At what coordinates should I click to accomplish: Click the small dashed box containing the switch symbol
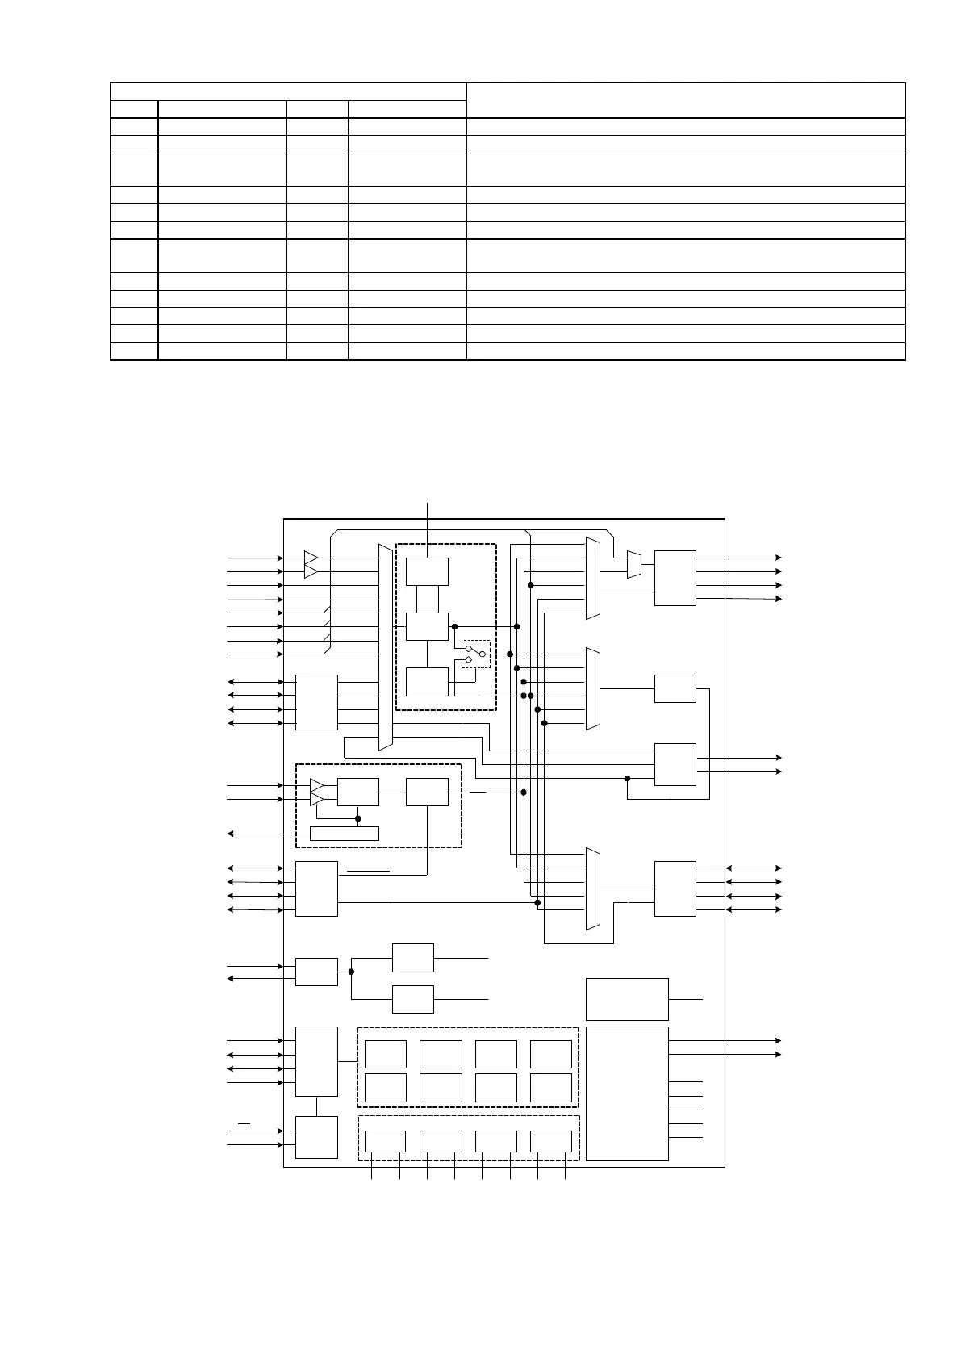[x=475, y=654]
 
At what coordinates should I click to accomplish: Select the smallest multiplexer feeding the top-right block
[x=634, y=564]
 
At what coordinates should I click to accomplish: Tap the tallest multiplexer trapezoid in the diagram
[x=385, y=646]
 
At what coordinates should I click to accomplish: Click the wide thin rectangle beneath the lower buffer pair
[x=344, y=834]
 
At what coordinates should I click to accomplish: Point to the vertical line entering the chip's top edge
[x=427, y=510]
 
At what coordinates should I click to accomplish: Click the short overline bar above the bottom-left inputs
[x=244, y=1123]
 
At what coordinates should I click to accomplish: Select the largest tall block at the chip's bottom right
[x=627, y=1093]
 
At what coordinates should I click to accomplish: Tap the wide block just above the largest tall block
[x=627, y=999]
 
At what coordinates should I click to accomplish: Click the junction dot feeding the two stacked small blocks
[x=351, y=972]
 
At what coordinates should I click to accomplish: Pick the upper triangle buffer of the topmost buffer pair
[x=311, y=558]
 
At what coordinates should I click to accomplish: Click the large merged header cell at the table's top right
[x=685, y=100]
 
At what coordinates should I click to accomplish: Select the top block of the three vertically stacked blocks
[x=427, y=571]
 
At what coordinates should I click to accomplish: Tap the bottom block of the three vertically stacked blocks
[x=427, y=682]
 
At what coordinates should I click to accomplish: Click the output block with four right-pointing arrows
[x=675, y=578]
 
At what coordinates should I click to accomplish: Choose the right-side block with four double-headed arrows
[x=675, y=889]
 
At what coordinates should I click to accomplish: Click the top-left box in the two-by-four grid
[x=386, y=1054]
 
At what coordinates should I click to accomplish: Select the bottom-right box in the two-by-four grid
[x=550, y=1088]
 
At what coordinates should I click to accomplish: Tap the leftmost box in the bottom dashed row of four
[x=385, y=1141]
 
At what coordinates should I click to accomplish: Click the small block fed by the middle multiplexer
[x=675, y=688]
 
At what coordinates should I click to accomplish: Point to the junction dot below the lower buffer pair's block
[x=358, y=818]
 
